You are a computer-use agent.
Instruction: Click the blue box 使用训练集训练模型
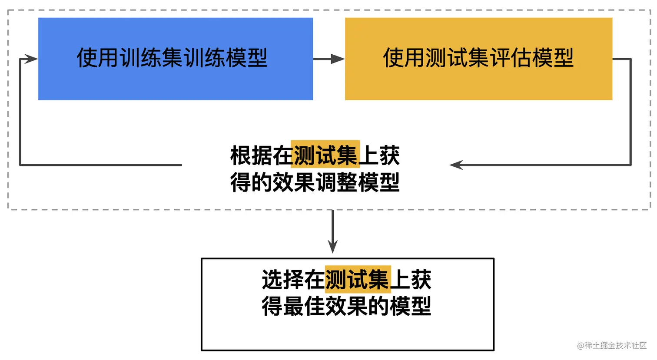click(176, 59)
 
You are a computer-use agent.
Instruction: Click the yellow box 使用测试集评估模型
click(478, 59)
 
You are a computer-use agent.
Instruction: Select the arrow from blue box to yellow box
click(329, 59)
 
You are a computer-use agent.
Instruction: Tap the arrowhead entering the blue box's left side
click(30, 59)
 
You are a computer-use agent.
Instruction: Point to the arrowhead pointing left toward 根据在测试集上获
click(456, 165)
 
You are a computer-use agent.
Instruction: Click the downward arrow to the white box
click(332, 231)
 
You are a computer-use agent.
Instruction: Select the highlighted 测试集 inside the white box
click(358, 279)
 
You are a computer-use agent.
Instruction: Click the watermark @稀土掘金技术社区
click(611, 346)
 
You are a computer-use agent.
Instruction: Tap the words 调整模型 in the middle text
click(357, 182)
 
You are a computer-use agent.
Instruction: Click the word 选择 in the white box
click(283, 280)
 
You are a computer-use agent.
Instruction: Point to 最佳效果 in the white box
click(325, 306)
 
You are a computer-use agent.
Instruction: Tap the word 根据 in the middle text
click(251, 155)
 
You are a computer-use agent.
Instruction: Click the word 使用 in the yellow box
click(404, 58)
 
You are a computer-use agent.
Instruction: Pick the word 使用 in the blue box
click(98, 58)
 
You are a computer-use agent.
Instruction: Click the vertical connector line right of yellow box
click(630, 112)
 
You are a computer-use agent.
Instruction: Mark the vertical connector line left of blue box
click(20, 112)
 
